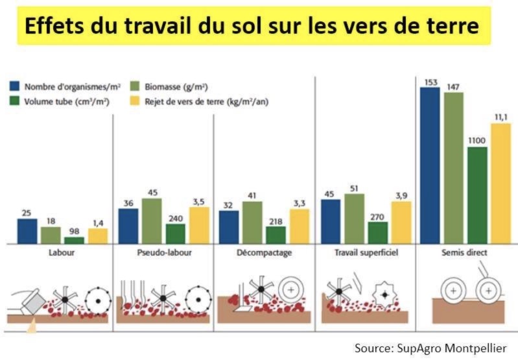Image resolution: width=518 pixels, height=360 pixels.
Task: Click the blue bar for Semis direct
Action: click(x=430, y=165)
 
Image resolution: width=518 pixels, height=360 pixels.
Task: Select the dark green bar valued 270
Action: click(x=378, y=232)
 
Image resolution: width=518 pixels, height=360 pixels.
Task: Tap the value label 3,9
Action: click(x=401, y=196)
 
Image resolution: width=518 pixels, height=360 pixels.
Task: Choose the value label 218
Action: click(x=276, y=221)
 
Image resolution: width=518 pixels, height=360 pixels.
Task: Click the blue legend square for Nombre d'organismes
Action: click(x=14, y=86)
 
